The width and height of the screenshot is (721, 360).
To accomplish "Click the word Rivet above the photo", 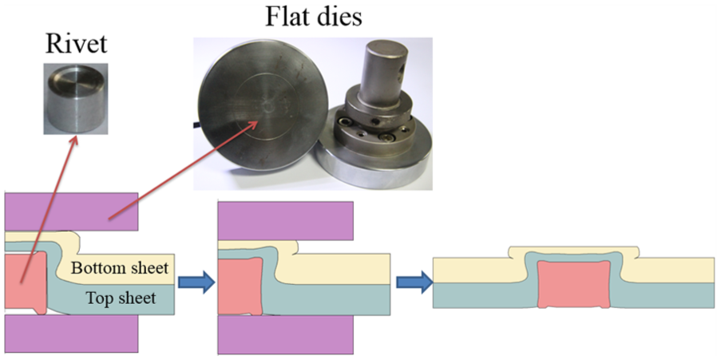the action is (76, 44).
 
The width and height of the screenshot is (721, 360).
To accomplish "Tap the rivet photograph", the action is (76, 99).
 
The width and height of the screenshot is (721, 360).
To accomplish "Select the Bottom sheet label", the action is (120, 267).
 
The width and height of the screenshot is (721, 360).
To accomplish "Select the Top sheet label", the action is (121, 298).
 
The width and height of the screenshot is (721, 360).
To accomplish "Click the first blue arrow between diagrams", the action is (196, 282).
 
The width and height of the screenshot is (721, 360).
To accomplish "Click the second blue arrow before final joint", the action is (414, 282).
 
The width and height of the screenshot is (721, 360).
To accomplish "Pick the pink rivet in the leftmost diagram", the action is (26, 283).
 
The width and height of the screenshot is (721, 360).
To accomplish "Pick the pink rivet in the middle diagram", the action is (240, 287).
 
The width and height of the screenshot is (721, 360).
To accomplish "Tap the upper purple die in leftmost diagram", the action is (71, 212).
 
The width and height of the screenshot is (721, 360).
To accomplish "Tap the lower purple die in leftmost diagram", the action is (71, 334).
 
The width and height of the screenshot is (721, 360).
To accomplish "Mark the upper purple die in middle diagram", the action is (286, 220).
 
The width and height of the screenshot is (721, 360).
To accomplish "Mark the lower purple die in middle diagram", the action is (286, 334).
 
